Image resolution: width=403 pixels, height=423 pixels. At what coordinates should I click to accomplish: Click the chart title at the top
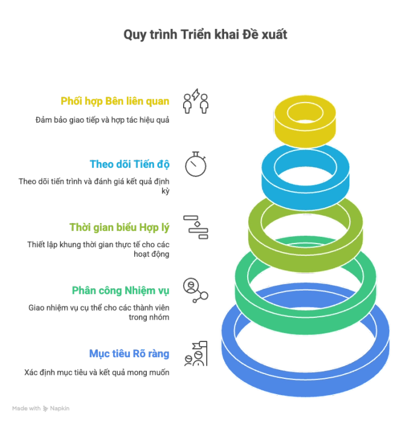(205, 34)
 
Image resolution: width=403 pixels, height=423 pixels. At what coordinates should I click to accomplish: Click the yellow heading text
(115, 101)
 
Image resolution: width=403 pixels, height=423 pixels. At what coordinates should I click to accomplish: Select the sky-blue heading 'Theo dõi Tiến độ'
(130, 164)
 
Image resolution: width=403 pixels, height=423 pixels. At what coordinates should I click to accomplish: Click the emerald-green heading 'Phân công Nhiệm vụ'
(121, 291)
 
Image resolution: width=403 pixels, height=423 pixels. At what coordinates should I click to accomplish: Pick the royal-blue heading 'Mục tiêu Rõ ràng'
(129, 354)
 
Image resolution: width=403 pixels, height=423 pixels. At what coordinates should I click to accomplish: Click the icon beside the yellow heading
(196, 102)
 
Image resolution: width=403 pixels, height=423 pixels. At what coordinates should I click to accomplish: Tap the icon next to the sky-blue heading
(196, 164)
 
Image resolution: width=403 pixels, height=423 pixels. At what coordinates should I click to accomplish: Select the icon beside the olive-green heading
(196, 227)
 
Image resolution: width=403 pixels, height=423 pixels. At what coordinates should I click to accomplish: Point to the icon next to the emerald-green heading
(196, 291)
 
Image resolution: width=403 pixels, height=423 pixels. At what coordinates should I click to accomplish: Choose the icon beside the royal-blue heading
(196, 354)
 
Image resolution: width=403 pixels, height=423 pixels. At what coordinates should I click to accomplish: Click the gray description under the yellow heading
(103, 121)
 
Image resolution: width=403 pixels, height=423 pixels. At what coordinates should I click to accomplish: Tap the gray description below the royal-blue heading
(97, 373)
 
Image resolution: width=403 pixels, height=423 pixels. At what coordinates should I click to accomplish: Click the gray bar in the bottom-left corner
(42, 408)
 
